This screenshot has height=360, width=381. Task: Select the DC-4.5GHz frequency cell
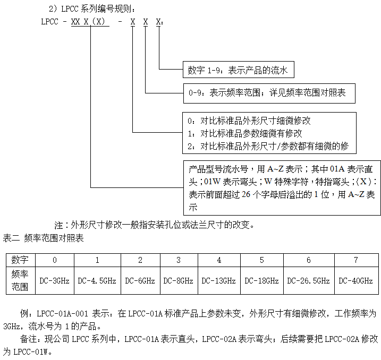pyautogui.click(x=97, y=280)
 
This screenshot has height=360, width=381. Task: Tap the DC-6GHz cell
pyautogui.click(x=140, y=280)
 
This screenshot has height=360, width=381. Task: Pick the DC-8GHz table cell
pyautogui.click(x=179, y=280)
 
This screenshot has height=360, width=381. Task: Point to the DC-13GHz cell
pyautogui.click(x=219, y=280)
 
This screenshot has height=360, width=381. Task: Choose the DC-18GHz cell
pyautogui.click(x=262, y=280)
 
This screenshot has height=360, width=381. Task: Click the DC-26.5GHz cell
pyautogui.click(x=309, y=280)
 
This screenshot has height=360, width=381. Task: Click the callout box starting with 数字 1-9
pyautogui.click(x=238, y=70)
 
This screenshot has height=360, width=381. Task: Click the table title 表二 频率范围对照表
pyautogui.click(x=44, y=238)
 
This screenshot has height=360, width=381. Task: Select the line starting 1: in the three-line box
pyautogui.click(x=245, y=133)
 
